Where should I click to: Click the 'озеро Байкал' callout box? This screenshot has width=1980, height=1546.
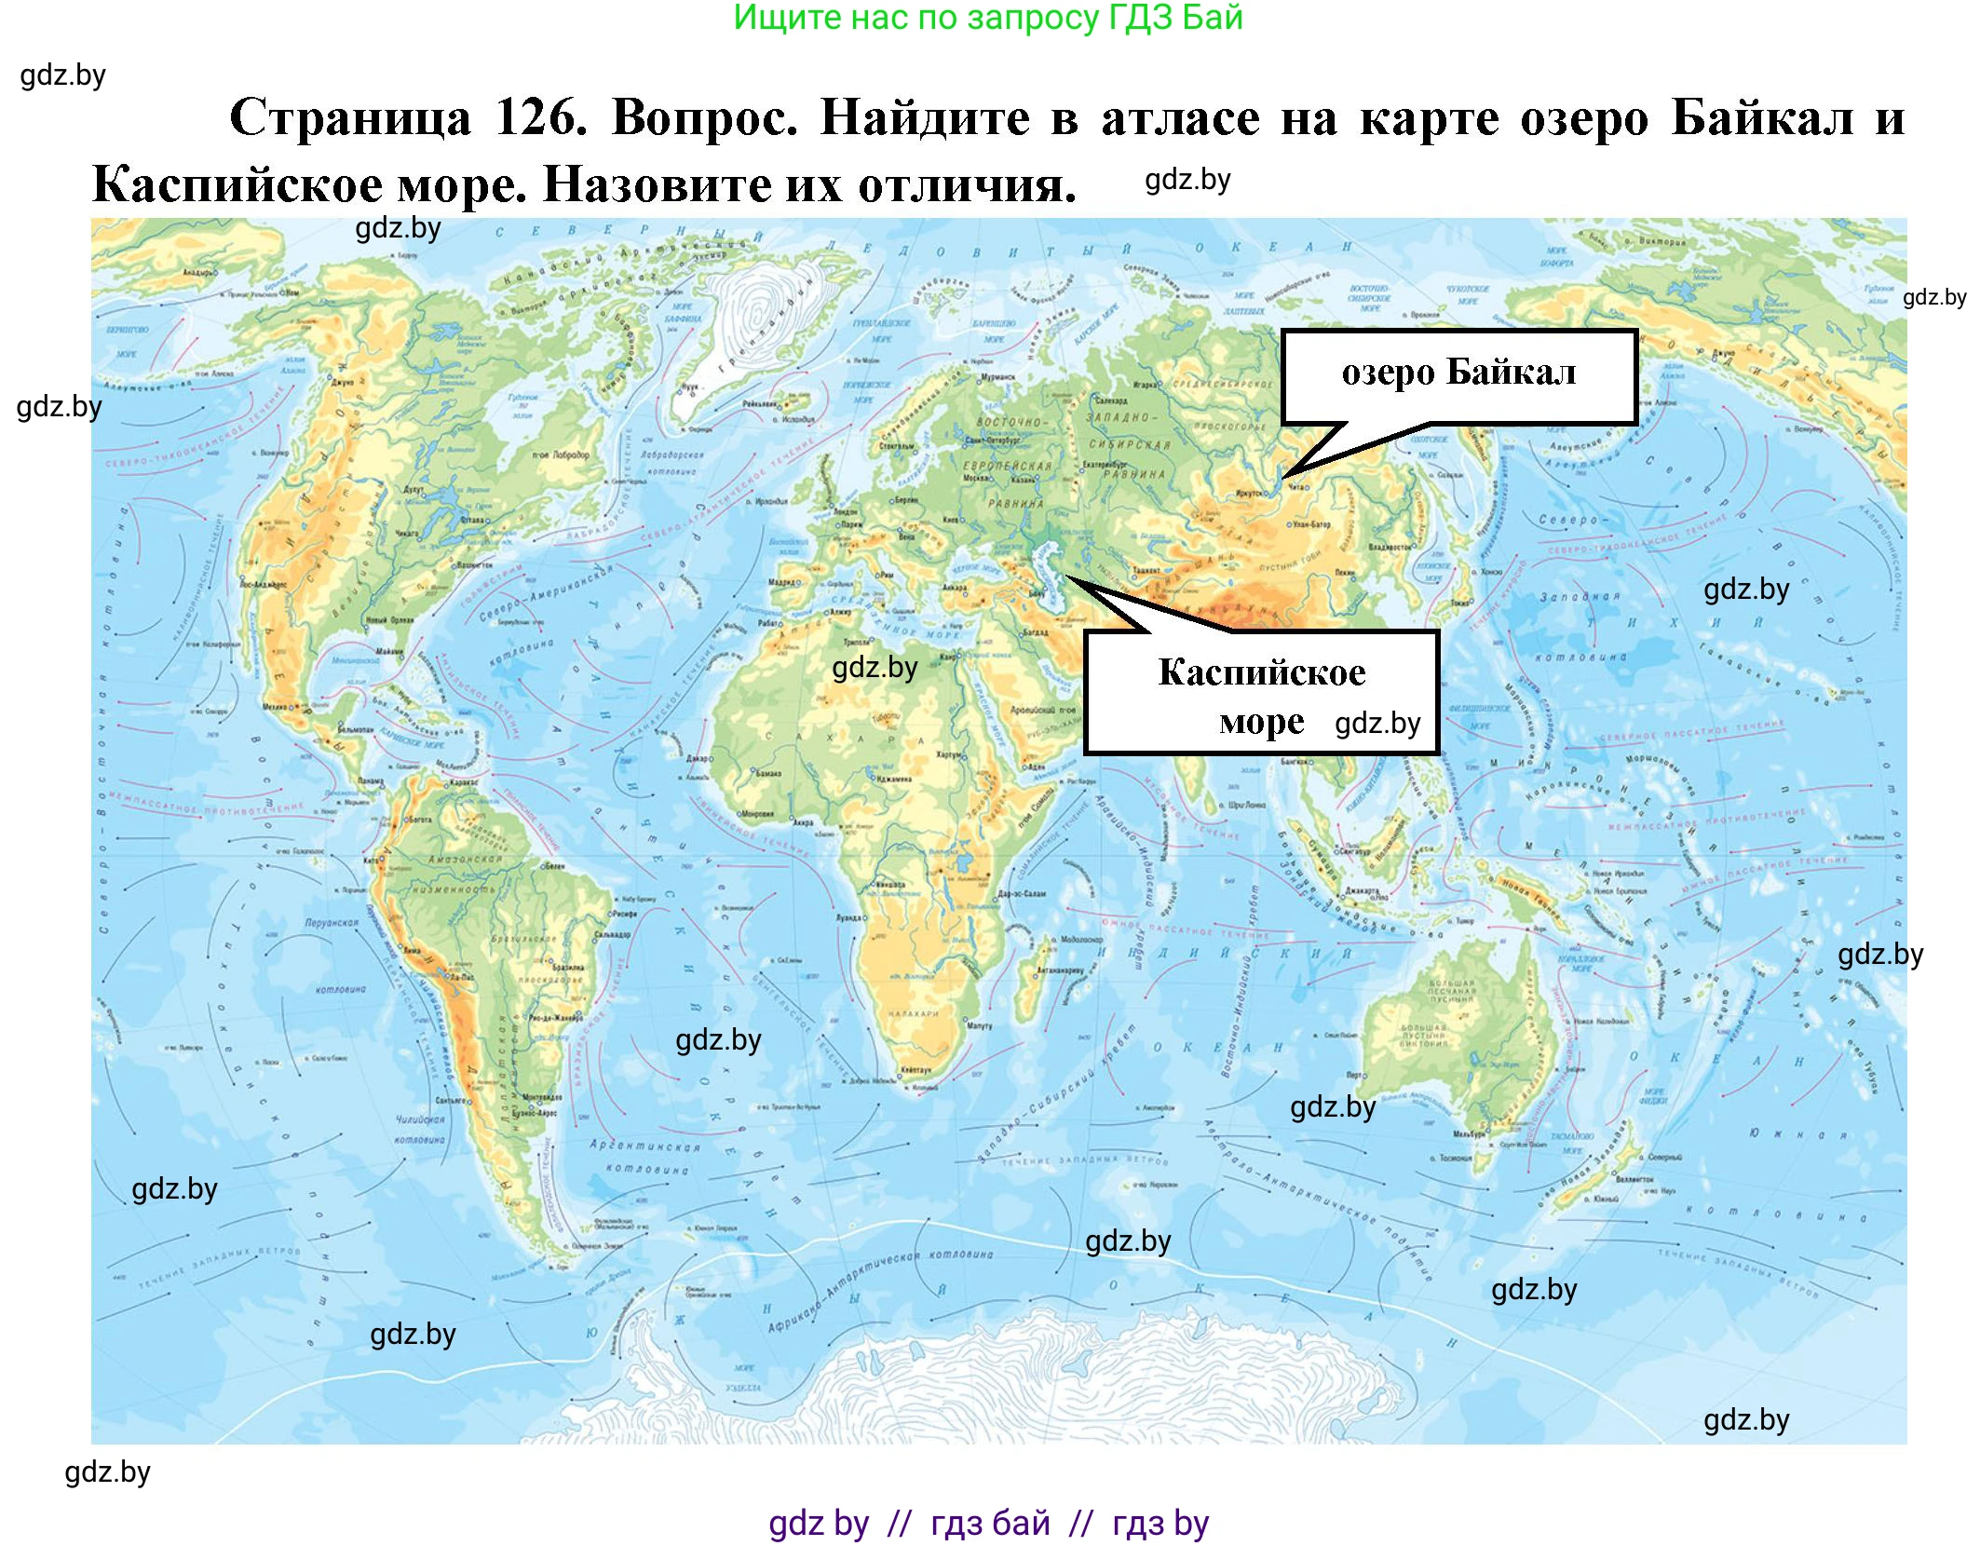coord(1458,375)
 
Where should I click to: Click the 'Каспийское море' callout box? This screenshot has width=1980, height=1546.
coord(1261,693)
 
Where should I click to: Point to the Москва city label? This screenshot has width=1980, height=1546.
coord(975,478)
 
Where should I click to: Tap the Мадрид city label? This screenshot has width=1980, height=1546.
coord(781,582)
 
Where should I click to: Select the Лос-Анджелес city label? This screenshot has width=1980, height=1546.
coord(264,585)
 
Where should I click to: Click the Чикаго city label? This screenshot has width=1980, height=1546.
coord(407,534)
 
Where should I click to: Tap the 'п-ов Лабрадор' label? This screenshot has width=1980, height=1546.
coord(561,454)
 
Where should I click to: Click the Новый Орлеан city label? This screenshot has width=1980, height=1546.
coord(389,620)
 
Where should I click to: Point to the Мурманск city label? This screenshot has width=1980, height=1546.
coord(999,378)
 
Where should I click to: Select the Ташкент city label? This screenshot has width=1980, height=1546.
coord(1146,569)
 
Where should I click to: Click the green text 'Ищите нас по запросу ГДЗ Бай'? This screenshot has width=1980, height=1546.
coord(988,18)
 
